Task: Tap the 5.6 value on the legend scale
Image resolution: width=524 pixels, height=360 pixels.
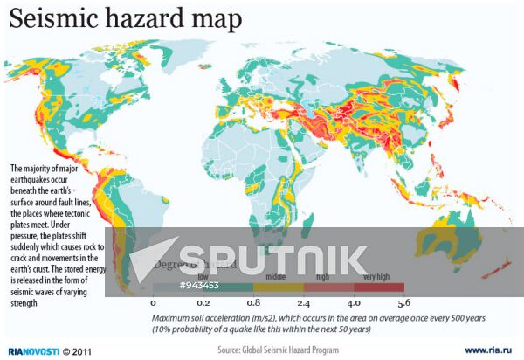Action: tap(403, 302)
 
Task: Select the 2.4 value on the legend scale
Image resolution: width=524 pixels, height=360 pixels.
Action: tap(304, 302)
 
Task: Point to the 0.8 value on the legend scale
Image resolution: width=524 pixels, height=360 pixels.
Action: tap(253, 302)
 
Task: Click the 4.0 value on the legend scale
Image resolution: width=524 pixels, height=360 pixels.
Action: tap(354, 302)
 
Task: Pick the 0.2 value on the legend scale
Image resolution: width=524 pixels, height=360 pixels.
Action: tap(203, 302)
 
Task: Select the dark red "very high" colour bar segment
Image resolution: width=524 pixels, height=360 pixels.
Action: tap(379, 287)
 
